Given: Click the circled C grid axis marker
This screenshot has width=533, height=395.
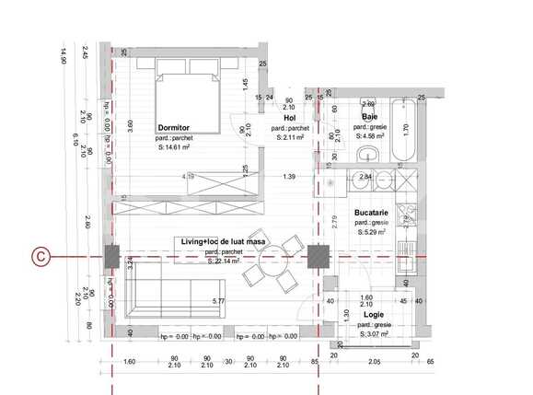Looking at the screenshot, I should (x=41, y=255).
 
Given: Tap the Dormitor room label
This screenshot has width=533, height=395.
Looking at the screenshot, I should (x=174, y=127).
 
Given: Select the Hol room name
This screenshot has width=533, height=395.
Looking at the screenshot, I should (x=289, y=118).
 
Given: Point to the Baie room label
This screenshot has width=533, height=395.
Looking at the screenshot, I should (x=369, y=117).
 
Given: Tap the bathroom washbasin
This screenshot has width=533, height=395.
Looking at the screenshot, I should (x=370, y=154).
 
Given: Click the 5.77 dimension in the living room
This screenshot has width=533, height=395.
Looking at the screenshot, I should (x=218, y=301).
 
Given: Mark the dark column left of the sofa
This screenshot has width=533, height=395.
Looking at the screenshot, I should (x=110, y=255).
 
